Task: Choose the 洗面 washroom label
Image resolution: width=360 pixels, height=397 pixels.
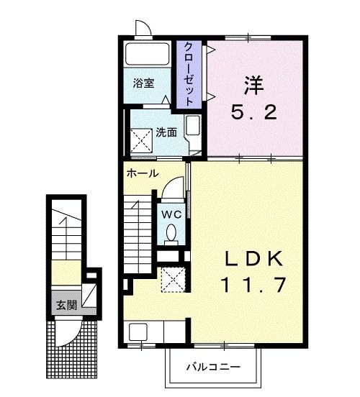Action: (x=166, y=132)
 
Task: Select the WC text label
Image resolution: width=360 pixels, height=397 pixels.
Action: (x=170, y=214)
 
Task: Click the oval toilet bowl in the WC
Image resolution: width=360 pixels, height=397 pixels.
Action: (x=171, y=232)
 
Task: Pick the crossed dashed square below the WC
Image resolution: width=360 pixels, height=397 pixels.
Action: (x=174, y=279)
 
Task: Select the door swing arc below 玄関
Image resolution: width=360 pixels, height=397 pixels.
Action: (x=71, y=329)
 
